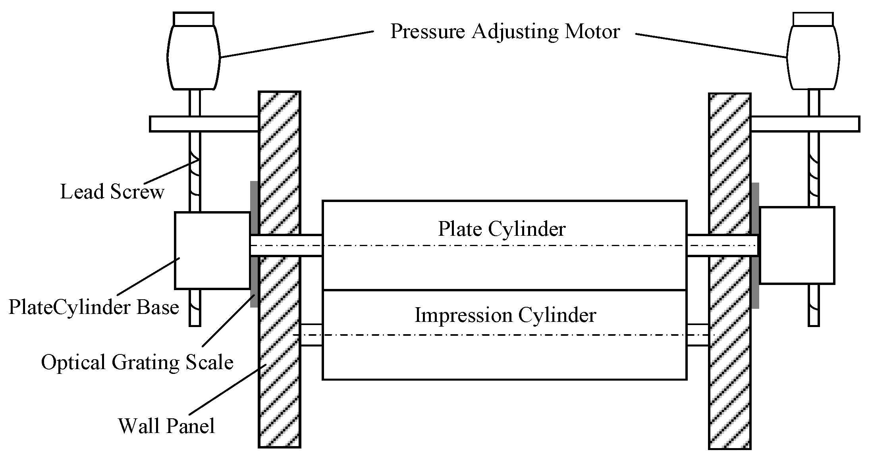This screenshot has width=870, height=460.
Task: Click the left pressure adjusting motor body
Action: pyautogui.click(x=193, y=57)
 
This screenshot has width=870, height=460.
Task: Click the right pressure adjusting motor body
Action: pyautogui.click(x=813, y=57)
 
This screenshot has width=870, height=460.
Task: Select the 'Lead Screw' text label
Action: pyautogui.click(x=112, y=192)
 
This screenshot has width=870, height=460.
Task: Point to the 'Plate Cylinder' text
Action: pyautogui.click(x=502, y=229)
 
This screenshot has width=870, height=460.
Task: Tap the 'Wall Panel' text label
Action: pyautogui.click(x=166, y=426)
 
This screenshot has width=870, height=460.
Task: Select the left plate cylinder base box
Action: pyautogui.click(x=212, y=250)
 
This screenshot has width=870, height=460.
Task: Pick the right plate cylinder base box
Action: pyautogui.click(x=797, y=245)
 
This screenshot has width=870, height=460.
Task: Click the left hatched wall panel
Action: pyautogui.click(x=279, y=269)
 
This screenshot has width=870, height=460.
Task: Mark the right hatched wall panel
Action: pyautogui.click(x=730, y=271)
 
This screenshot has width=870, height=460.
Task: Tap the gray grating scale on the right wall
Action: pyautogui.click(x=755, y=245)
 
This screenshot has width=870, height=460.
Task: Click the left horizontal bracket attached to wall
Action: pyautogui.click(x=204, y=124)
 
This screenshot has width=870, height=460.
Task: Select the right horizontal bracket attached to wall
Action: pyautogui.click(x=805, y=124)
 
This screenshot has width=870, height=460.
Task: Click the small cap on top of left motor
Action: pyautogui.click(x=194, y=19)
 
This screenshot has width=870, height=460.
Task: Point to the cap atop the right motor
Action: pyautogui.click(x=813, y=19)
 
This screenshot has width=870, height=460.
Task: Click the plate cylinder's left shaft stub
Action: pyautogui.click(x=286, y=245)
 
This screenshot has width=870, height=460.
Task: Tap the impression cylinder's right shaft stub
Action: pyautogui.click(x=698, y=335)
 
